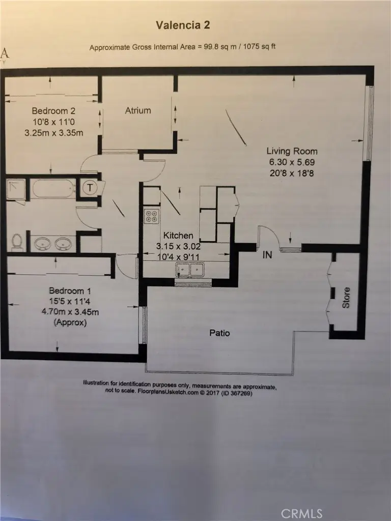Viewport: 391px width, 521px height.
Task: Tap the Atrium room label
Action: pyautogui.click(x=138, y=110)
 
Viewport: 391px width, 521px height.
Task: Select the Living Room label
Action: pyautogui.click(x=292, y=151)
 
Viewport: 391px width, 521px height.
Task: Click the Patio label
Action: pyautogui.click(x=219, y=333)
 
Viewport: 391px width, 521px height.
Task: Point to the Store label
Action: pyautogui.click(x=346, y=298)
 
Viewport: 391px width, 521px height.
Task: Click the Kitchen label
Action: pyautogui.click(x=178, y=236)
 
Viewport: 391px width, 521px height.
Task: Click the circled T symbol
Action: pyautogui.click(x=90, y=188)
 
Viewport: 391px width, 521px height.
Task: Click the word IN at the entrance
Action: pyautogui.click(x=267, y=255)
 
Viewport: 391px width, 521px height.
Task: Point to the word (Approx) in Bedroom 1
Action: pyautogui.click(x=70, y=323)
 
